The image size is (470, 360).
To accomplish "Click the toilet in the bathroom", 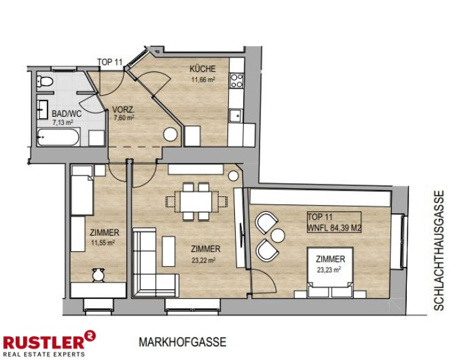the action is point(44,81).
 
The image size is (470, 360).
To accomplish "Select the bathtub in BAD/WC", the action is point(59,137).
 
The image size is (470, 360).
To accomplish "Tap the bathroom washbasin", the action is point(42,110).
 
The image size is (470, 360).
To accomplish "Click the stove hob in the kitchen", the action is point(236,81).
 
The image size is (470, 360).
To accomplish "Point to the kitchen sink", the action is point(236,116).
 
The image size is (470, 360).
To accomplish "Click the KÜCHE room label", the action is point(202,69).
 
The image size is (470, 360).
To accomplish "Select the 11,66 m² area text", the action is point(204,80).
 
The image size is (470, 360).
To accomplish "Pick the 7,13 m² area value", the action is point(63,122).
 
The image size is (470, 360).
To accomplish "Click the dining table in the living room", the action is point(196,202).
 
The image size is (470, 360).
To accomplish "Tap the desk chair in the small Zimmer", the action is point(98,274).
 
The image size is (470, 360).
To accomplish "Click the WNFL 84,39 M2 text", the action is point(334,227).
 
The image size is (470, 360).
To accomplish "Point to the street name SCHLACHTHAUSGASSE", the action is point(439,251).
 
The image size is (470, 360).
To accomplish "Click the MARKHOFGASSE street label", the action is point(182,342).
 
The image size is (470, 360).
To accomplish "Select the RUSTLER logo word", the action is point(44,342).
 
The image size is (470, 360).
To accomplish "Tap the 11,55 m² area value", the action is point(103,242).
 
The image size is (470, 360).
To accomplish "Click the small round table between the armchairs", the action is point(277,235).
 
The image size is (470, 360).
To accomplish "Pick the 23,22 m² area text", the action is point(204,261).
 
